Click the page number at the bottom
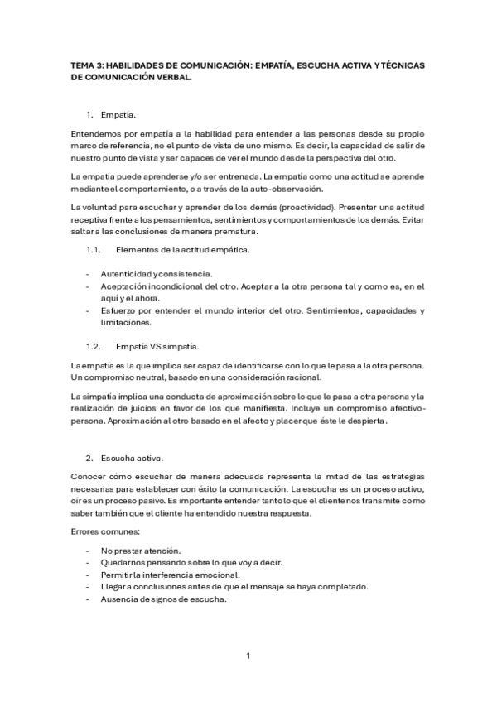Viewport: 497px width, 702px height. point(248,656)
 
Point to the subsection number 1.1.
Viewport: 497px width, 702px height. point(93,249)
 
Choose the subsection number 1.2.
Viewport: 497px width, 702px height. point(93,344)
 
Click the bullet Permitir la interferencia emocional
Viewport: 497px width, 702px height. point(170,575)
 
